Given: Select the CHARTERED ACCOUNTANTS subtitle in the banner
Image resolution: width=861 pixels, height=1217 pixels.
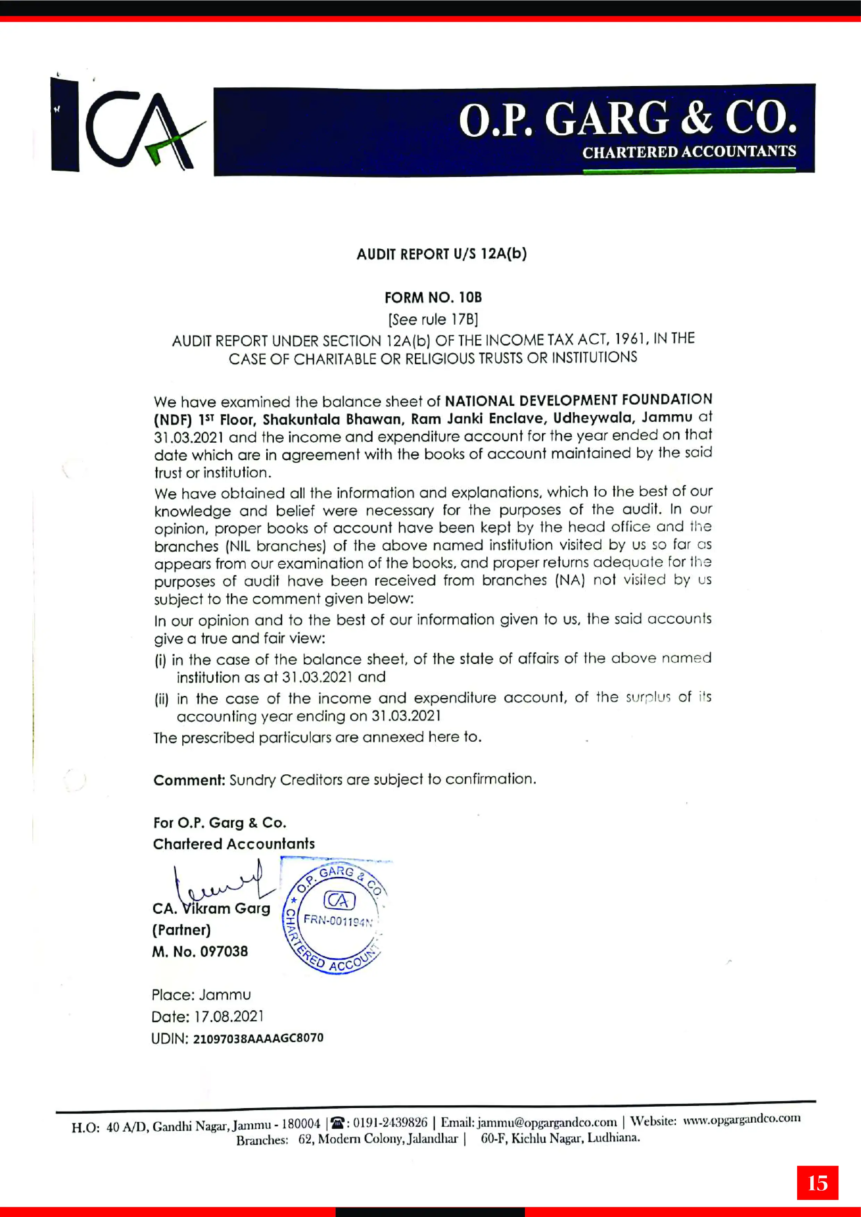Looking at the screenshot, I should click(688, 152).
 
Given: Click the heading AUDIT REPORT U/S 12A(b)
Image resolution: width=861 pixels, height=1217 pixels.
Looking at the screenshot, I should click(441, 254).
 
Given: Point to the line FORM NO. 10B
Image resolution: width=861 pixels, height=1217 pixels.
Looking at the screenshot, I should click(433, 297).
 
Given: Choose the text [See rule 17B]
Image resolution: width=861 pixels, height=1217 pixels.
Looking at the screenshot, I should click(433, 319).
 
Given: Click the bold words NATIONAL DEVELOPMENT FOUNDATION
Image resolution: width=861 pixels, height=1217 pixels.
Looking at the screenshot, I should click(578, 400).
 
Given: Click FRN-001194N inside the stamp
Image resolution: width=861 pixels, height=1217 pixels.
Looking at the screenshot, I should click(338, 921).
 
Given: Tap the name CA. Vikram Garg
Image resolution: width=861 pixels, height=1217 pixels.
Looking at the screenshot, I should click(211, 909).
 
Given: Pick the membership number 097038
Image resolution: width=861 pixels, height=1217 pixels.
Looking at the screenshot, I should click(224, 952).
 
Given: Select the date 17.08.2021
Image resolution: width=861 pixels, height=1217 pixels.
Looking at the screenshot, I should click(229, 1016).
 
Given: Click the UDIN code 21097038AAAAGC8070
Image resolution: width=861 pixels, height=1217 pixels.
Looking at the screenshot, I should click(258, 1038).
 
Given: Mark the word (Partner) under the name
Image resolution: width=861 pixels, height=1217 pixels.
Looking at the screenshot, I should click(182, 930).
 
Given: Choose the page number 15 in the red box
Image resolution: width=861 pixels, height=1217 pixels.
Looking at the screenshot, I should click(817, 1183).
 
